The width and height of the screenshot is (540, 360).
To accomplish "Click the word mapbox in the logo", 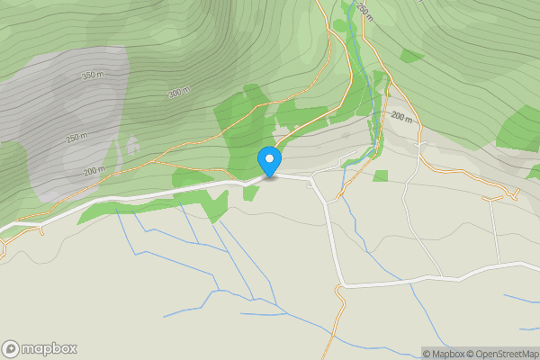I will pos(49,348).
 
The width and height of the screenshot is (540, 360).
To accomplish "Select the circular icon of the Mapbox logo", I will pos(12,348).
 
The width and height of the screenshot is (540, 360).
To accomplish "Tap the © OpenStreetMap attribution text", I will pos(499,354).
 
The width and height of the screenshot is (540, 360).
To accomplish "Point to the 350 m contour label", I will pos(94,75).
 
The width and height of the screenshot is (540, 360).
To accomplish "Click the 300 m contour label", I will pos(180,93).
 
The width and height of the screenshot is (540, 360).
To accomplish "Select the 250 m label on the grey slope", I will pos(77,138).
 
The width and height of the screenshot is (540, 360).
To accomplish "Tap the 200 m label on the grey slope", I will pos(94,169).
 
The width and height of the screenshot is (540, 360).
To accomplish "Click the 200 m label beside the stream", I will pos(401,118).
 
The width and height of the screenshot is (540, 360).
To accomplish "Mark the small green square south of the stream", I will pos(381,175).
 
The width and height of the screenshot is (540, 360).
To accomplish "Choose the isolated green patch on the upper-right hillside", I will pos(411,56).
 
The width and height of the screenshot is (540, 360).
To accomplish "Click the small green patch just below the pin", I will pos(250,191).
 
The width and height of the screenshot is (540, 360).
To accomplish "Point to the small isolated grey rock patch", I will pos(132,145).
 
